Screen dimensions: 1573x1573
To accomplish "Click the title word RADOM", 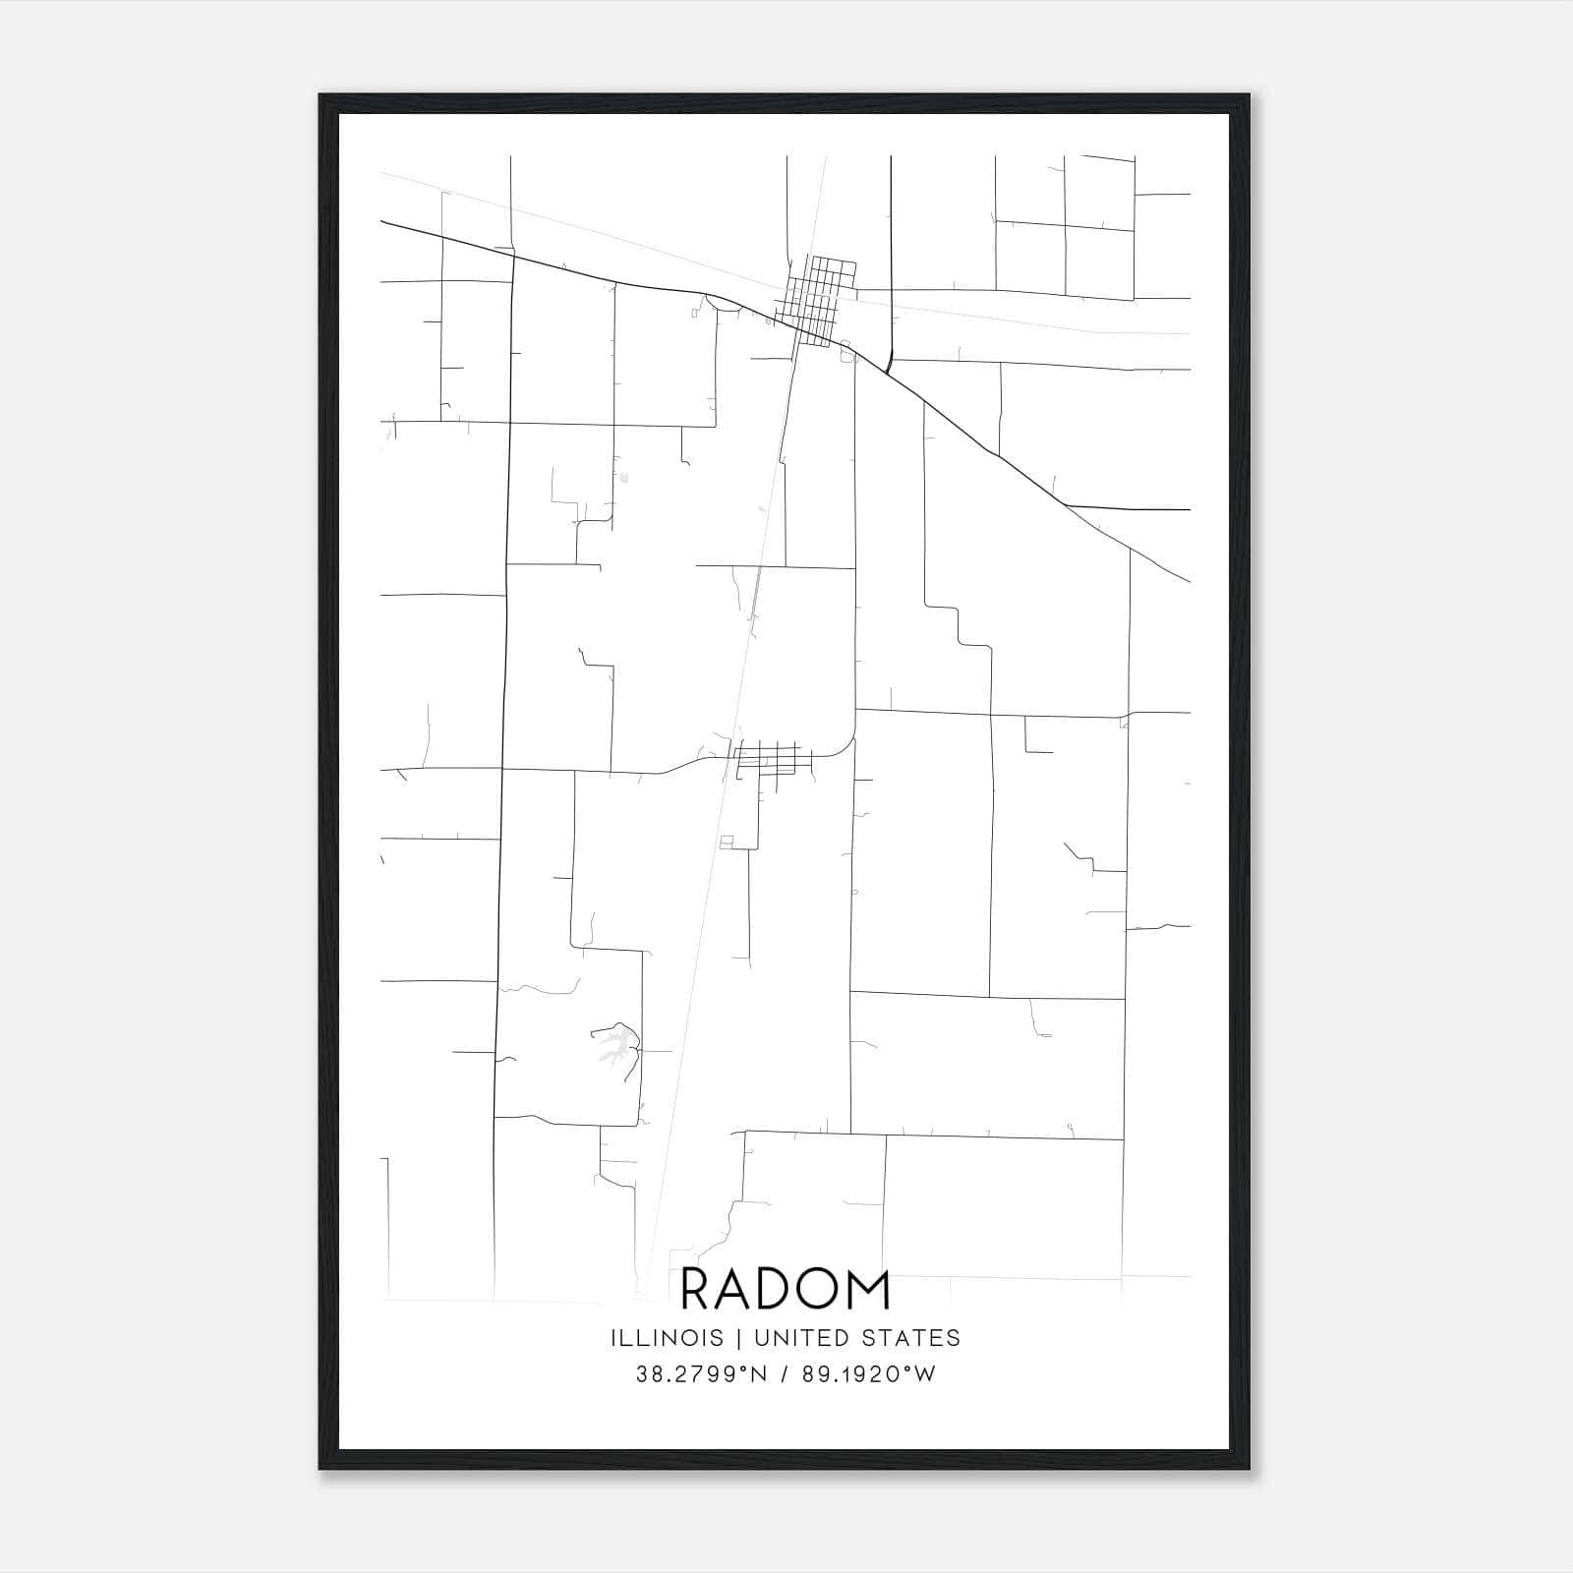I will pos(785,1290).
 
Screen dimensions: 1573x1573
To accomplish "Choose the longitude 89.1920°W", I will pos(869,1374).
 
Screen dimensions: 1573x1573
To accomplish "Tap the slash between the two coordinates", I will pos(784,1374).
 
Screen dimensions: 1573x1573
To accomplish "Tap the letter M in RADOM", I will pos(867,1290).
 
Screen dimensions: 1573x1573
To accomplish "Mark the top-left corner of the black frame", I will pos(321,96).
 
